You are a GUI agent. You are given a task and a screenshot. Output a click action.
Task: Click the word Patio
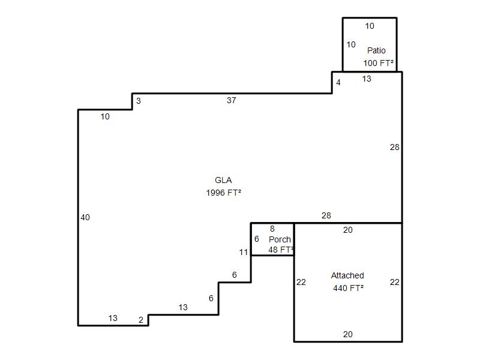pyautogui.click(x=376, y=50)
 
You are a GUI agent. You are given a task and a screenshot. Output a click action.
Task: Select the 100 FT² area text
pyautogui.click(x=379, y=63)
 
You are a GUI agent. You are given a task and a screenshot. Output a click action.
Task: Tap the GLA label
pyautogui.click(x=223, y=180)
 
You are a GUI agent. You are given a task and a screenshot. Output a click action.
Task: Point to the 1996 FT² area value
pyautogui.click(x=223, y=193)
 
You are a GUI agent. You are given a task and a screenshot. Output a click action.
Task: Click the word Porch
pyautogui.click(x=280, y=239)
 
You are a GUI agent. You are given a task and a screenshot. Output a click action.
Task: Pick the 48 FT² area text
pyautogui.click(x=281, y=250)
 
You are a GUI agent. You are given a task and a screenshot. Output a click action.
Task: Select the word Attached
pyautogui.click(x=347, y=275)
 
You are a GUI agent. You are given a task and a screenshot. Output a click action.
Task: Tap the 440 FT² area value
pyautogui.click(x=349, y=288)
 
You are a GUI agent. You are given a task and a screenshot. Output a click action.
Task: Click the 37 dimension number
pyautogui.click(x=232, y=100)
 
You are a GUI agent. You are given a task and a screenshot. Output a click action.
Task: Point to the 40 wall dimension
pyautogui.click(x=85, y=217)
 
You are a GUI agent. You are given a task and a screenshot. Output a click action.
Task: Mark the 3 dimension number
pyautogui.click(x=139, y=101)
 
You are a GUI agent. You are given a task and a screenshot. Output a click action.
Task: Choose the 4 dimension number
pyautogui.click(x=338, y=82)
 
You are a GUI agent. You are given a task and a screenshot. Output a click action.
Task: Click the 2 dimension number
pyautogui.click(x=141, y=320)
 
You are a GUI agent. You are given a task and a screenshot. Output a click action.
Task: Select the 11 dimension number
pyautogui.click(x=244, y=252)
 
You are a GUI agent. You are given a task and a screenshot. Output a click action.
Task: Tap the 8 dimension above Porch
pyautogui.click(x=272, y=229)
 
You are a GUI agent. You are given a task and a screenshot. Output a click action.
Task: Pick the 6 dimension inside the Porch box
pyautogui.click(x=257, y=239)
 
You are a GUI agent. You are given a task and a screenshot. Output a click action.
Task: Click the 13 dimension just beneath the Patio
pyautogui.click(x=367, y=79)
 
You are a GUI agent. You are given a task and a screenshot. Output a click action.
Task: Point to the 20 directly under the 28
pyautogui.click(x=348, y=230)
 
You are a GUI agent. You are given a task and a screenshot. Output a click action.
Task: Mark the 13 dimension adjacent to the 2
pyautogui.click(x=113, y=318)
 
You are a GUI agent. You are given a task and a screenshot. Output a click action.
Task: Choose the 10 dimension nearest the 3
pyautogui.click(x=105, y=116)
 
